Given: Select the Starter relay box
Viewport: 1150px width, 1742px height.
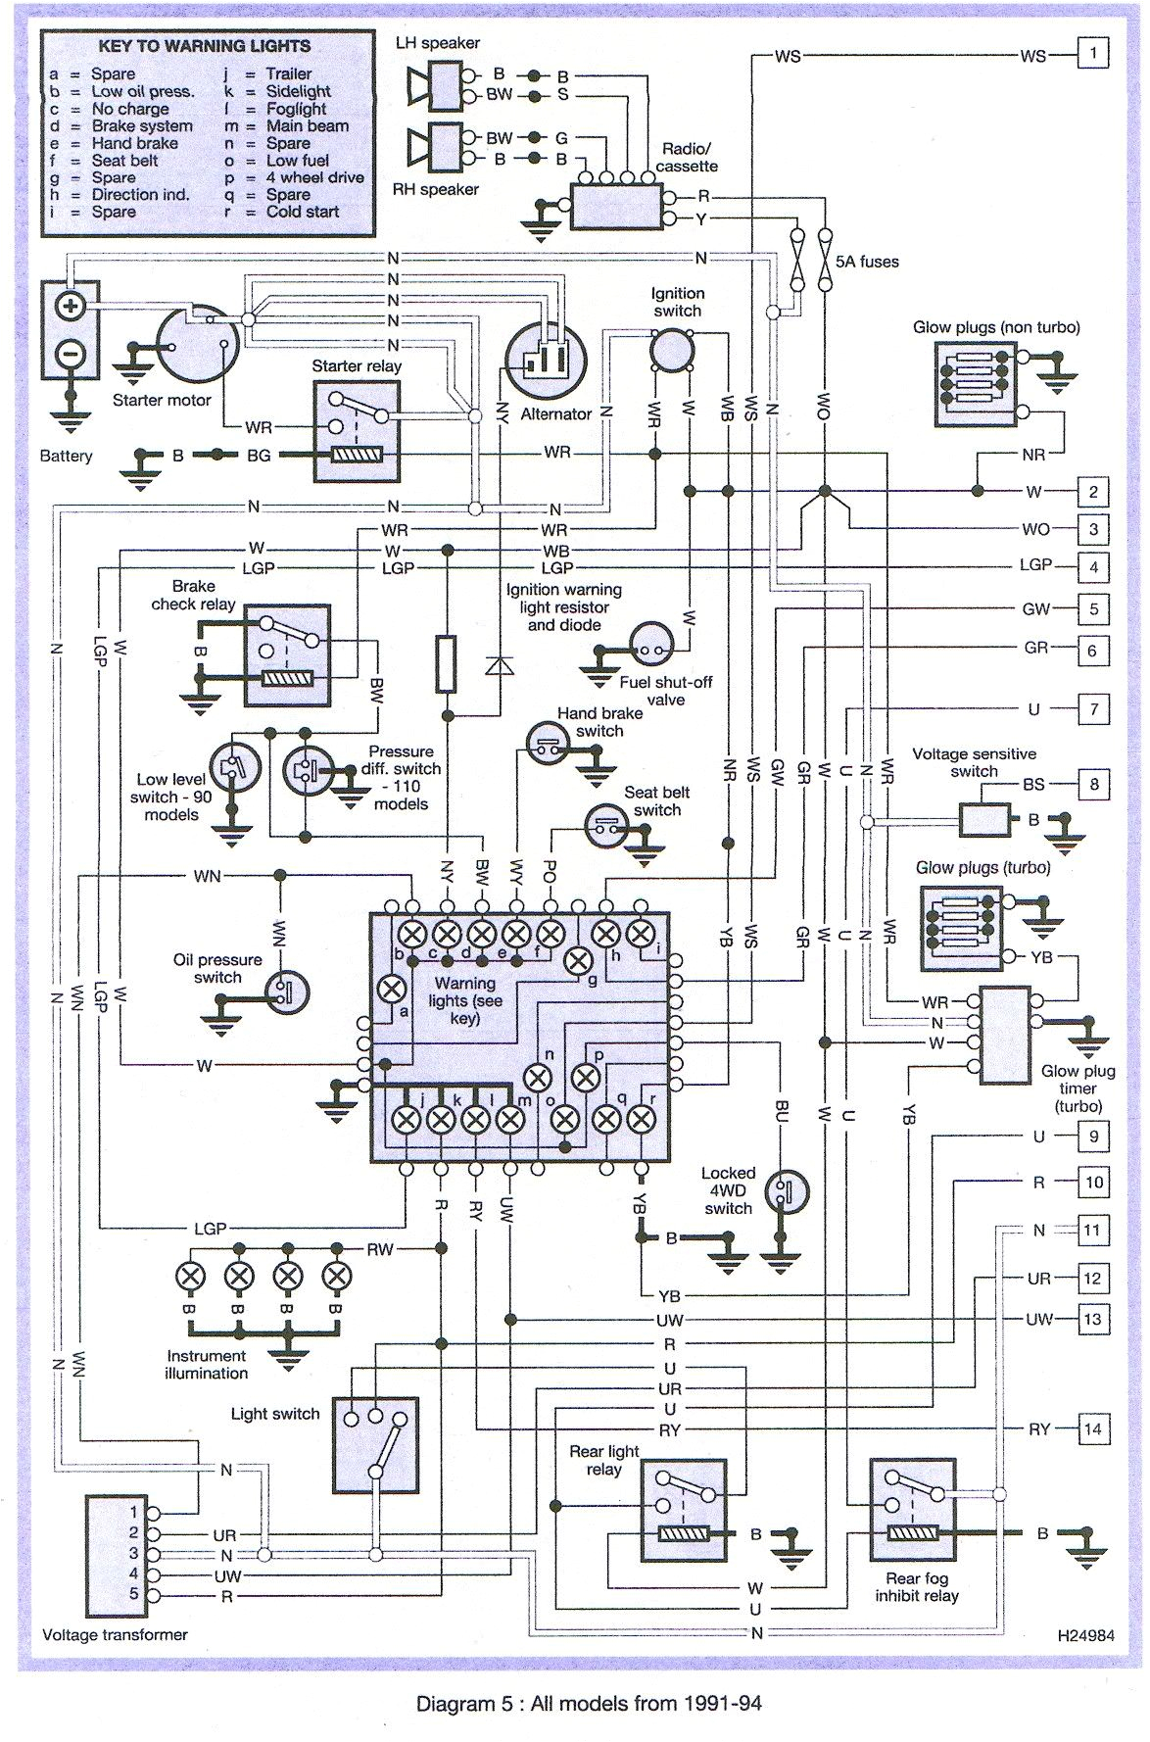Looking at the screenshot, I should coord(357,430).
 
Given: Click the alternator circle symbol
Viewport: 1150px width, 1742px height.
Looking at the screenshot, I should coord(546,362).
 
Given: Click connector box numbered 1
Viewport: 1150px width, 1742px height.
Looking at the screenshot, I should coord(1093,53).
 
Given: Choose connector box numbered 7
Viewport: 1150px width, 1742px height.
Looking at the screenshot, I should coord(1093,708).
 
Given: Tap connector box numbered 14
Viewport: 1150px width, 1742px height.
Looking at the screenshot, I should coord(1093,1429).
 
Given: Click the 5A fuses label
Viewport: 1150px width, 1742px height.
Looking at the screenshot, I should coord(867,262).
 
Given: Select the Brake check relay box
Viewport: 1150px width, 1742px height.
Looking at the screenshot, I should coord(287,654).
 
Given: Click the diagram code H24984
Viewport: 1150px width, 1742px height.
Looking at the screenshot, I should coord(1085,1635).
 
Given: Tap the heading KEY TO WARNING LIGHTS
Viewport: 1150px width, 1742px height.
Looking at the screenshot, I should coord(205,46).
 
